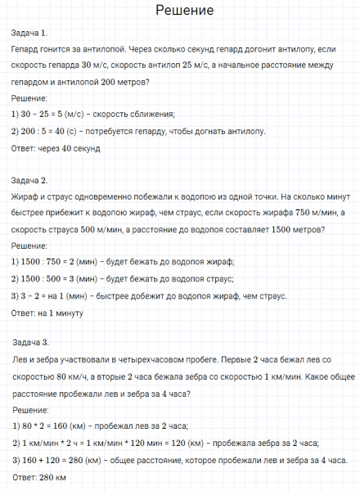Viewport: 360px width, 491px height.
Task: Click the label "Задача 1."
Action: pos(30,34)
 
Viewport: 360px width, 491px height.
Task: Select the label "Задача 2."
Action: pos(31,180)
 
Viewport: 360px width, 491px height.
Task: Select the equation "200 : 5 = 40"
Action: pos(50,131)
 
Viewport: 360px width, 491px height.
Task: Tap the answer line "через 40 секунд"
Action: pos(80,148)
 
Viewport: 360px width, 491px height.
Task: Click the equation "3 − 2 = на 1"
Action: pos(51,295)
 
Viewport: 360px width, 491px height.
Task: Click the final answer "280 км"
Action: pos(52,477)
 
